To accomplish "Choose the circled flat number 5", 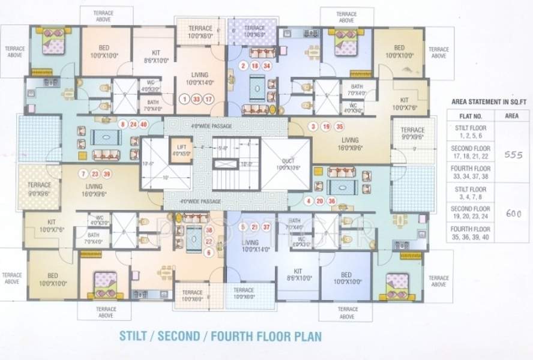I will (242, 227).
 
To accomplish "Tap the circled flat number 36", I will (331, 201).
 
